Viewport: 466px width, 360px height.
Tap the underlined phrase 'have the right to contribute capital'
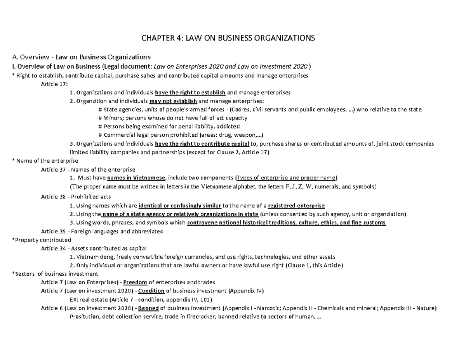click(199, 144)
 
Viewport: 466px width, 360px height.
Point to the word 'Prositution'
click(85, 317)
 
